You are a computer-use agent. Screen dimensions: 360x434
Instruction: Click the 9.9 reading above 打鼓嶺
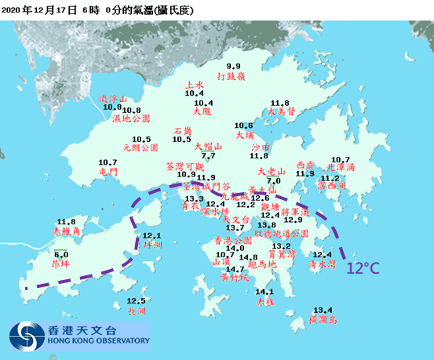click(234, 66)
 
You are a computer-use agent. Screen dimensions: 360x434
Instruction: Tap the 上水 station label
click(194, 85)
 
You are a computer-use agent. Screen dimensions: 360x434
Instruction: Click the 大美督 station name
click(280, 111)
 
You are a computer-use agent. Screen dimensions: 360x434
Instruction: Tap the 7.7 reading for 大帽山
click(208, 157)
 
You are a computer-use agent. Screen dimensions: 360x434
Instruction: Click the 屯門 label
click(108, 170)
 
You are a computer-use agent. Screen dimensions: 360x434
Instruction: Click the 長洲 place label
click(137, 311)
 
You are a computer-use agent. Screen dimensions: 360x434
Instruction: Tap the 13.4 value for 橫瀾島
click(323, 311)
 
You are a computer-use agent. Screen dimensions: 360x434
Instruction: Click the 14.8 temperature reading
click(248, 257)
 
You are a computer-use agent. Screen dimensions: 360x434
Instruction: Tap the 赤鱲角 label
click(67, 233)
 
